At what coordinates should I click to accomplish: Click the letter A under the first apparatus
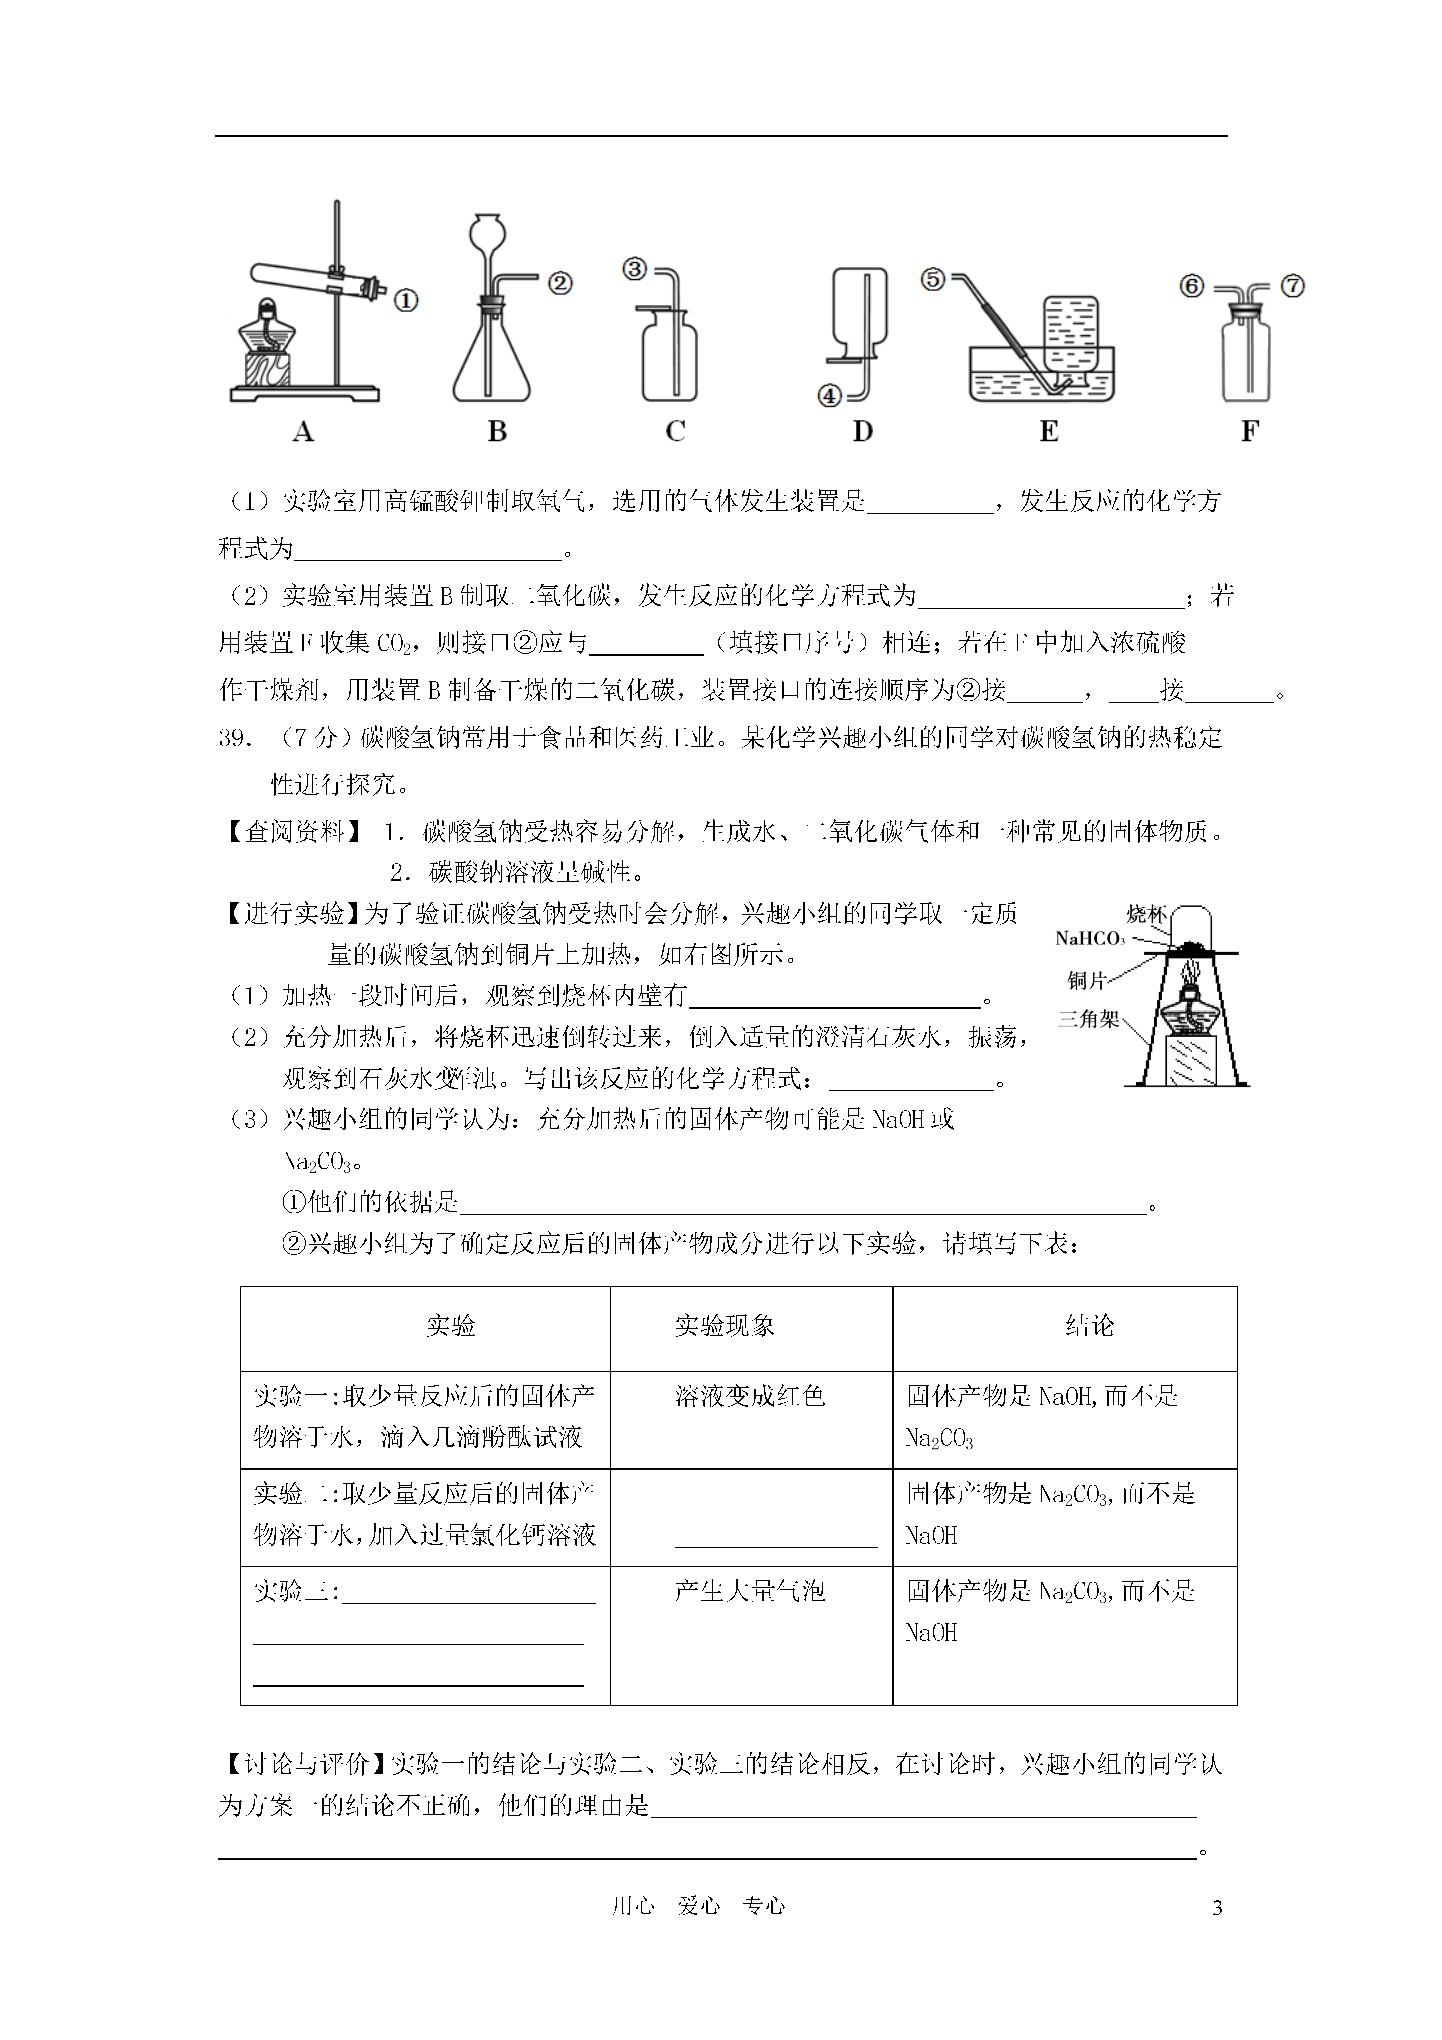303,432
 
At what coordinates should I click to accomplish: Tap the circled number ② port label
559,284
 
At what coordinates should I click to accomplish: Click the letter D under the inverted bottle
863,432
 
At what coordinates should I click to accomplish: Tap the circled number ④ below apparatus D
829,395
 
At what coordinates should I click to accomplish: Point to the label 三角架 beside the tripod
1089,1019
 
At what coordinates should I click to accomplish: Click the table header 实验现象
724,1327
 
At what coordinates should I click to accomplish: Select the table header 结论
1089,1327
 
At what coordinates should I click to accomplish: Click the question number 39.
236,738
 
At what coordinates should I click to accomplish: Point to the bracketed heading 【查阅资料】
293,832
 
